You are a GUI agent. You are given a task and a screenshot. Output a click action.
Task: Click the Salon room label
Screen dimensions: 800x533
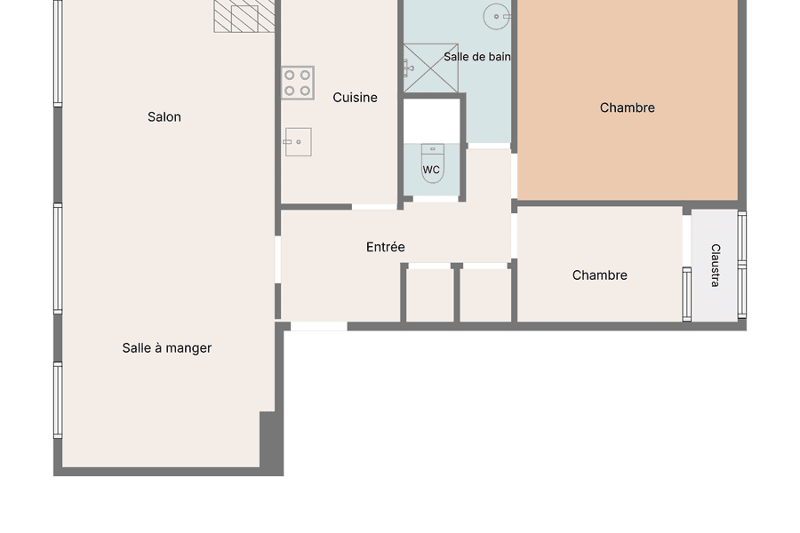pos(164,116)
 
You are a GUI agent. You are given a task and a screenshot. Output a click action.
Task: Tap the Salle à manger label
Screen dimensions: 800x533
pos(167,348)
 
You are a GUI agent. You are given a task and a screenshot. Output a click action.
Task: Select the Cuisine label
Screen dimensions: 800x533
pos(355,98)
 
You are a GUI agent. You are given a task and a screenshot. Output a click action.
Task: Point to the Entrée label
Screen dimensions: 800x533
pos(386,247)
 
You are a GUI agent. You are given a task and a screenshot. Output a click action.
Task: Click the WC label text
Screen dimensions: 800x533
pos(431,170)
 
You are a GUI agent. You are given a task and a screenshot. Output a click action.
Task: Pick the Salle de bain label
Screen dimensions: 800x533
pos(477,57)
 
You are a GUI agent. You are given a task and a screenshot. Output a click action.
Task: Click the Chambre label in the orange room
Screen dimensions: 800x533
pos(627,107)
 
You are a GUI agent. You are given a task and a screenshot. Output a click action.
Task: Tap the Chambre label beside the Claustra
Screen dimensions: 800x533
pos(599,275)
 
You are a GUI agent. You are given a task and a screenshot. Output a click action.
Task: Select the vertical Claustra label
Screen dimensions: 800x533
pos(716,266)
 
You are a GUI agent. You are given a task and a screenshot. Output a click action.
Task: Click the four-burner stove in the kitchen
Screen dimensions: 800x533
pos(298,83)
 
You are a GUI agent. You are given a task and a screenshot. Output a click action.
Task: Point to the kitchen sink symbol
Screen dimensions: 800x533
pos(298,142)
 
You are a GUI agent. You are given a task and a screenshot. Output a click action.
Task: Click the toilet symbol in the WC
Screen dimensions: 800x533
pos(433,163)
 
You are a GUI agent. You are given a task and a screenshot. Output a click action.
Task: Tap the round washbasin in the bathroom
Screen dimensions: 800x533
pos(496,16)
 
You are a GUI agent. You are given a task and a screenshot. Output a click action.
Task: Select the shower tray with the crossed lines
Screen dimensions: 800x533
pos(430,68)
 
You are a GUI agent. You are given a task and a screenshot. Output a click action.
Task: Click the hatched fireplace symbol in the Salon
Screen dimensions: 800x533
pos(244,16)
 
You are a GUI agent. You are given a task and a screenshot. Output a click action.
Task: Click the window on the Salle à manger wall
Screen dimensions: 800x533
pos(58,400)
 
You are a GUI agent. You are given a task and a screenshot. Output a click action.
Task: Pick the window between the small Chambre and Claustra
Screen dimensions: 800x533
pos(687,294)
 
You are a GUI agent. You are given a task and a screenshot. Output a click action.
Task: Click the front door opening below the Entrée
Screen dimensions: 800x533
pos(319,326)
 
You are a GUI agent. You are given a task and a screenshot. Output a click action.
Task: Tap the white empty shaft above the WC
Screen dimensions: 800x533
pos(432,121)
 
